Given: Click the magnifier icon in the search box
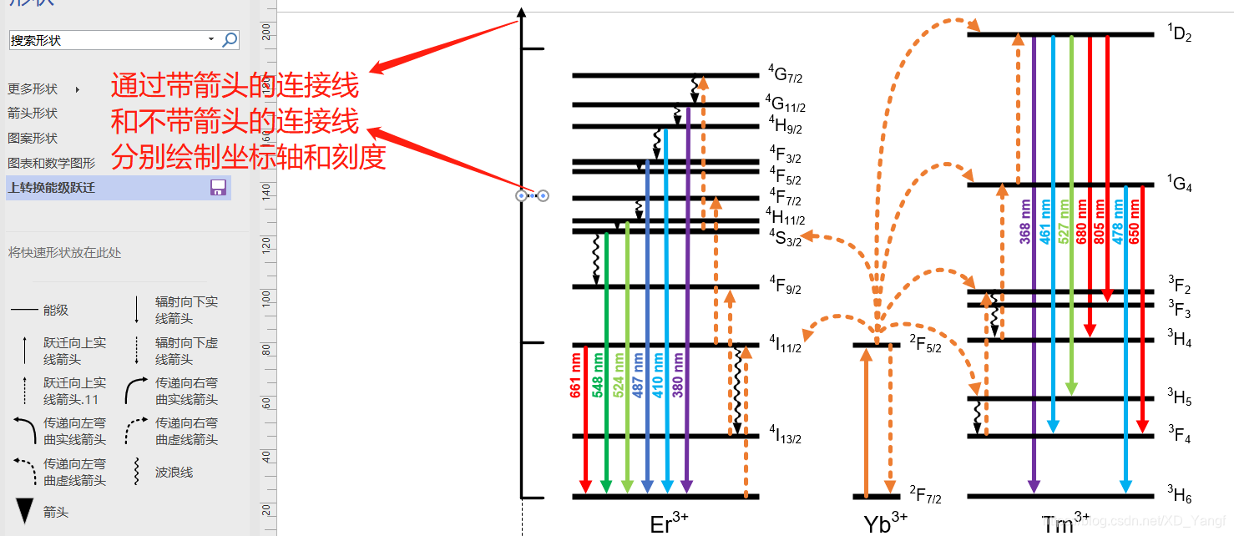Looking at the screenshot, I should click(x=230, y=39).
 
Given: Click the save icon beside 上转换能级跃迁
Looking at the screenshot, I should click(x=219, y=188).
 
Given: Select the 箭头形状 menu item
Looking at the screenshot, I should click(x=33, y=114).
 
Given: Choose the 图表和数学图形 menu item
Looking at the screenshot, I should click(x=52, y=164).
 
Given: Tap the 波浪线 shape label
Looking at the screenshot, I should click(x=174, y=473).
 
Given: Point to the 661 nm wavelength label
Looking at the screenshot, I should click(x=576, y=376).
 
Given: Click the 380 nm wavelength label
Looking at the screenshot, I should click(x=678, y=376).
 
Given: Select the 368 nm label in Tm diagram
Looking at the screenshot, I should click(x=1025, y=222).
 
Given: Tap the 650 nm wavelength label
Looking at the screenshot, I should click(x=1134, y=222).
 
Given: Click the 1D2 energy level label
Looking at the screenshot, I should click(x=1179, y=34).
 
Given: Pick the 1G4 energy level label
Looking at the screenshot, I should click(x=1179, y=185).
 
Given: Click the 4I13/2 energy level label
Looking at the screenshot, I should click(x=785, y=434).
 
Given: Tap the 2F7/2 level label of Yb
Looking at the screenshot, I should click(x=925, y=496).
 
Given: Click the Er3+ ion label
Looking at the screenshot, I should click(x=669, y=523).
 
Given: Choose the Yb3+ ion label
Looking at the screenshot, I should click(x=885, y=523).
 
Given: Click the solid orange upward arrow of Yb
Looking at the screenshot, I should click(x=866, y=422).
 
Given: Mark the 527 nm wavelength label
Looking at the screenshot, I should click(x=1064, y=222).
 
